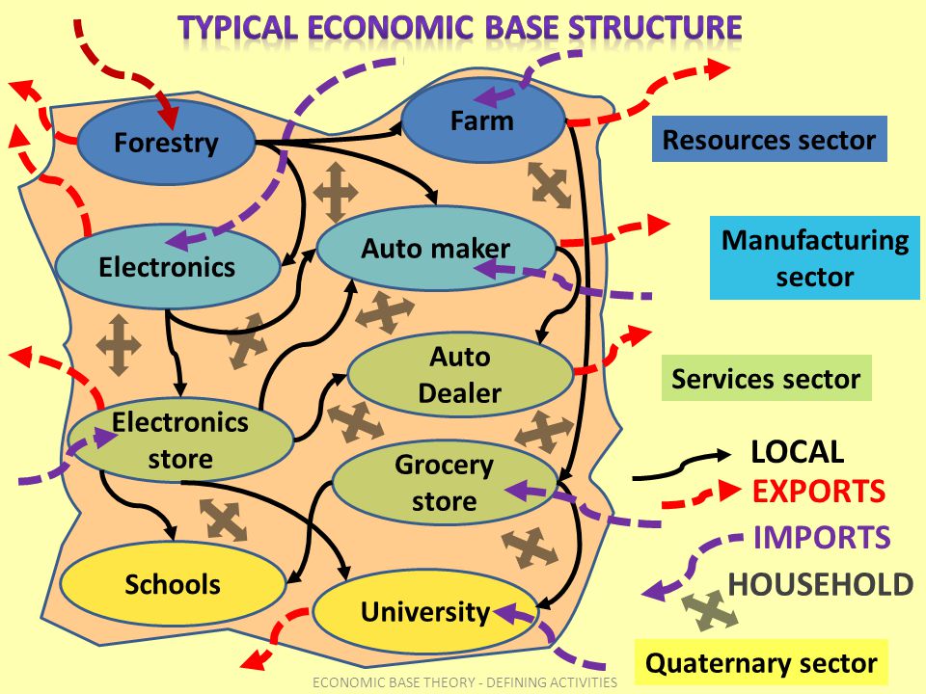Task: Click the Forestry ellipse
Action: pyautogui.click(x=166, y=143)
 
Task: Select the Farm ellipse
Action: pyautogui.click(x=482, y=120)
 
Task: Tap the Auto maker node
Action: pyautogui.click(x=436, y=249)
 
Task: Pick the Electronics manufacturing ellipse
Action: pyautogui.click(x=167, y=266)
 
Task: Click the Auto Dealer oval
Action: pyautogui.click(x=460, y=375)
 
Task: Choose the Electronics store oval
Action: pyautogui.click(x=180, y=440)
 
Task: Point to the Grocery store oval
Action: pyautogui.click(x=445, y=483)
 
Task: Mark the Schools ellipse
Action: pyautogui.click(x=173, y=584)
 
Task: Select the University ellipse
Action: pyautogui.click(x=425, y=611)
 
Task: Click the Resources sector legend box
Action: pyautogui.click(x=769, y=141)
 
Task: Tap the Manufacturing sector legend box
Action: pyautogui.click(x=815, y=258)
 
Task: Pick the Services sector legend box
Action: pyautogui.click(x=766, y=379)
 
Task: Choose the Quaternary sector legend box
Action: pyautogui.click(x=761, y=663)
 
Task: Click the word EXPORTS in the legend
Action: pyautogui.click(x=818, y=492)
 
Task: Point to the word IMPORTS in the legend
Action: pyautogui.click(x=822, y=537)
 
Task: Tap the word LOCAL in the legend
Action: pyautogui.click(x=797, y=451)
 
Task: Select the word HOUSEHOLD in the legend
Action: pyautogui.click(x=820, y=584)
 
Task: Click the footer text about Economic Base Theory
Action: pyautogui.click(x=464, y=682)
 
